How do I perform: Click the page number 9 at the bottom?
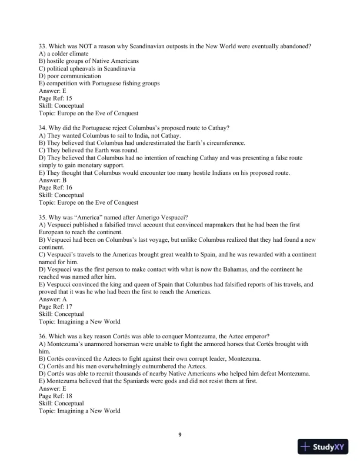click(180, 434)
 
